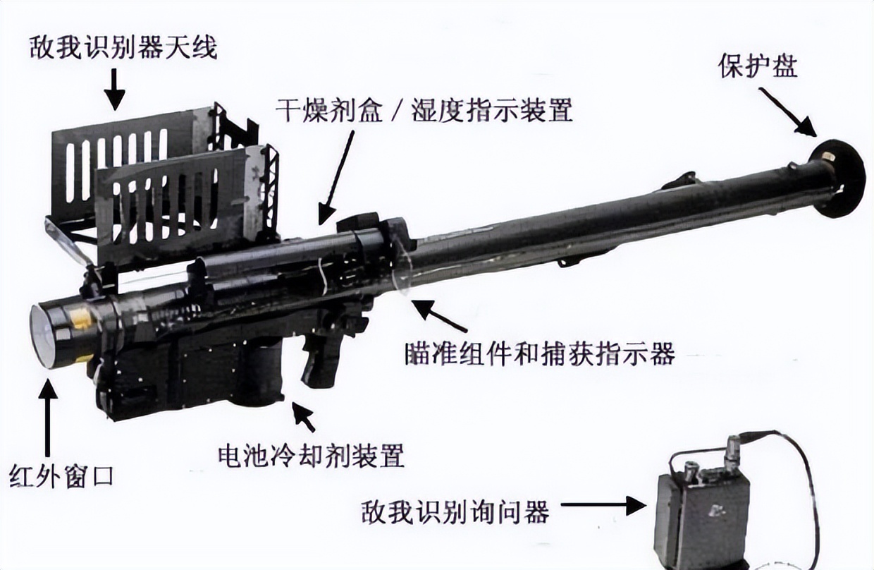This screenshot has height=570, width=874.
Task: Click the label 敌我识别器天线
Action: (x=123, y=48)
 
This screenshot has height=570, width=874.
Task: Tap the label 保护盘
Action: (x=758, y=65)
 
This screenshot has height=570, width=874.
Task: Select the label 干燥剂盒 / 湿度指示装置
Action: (x=424, y=110)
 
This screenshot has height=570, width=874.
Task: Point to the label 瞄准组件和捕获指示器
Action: (x=541, y=353)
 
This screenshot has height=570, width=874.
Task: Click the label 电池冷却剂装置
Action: (x=311, y=455)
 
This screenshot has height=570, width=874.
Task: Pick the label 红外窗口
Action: (x=61, y=476)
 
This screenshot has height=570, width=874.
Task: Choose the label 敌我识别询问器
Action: (x=455, y=511)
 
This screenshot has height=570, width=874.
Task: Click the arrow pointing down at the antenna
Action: (x=114, y=90)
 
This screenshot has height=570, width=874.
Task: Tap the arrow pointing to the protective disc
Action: (x=788, y=112)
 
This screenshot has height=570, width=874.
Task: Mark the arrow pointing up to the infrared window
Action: (x=47, y=418)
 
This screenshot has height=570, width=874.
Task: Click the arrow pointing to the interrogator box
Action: (x=603, y=505)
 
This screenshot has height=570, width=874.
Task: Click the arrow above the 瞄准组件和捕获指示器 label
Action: (x=440, y=315)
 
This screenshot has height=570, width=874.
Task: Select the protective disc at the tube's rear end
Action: (x=837, y=178)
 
